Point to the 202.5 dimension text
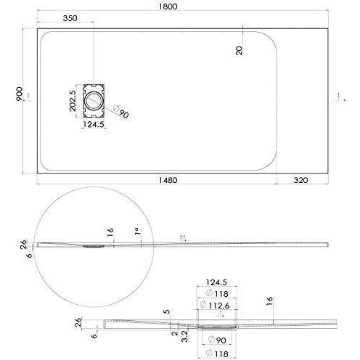(x=73, y=100)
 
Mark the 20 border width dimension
(x=239, y=49)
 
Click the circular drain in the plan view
(x=95, y=99)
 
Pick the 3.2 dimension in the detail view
(x=185, y=337)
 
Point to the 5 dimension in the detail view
(x=168, y=313)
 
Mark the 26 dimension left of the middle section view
(x=24, y=243)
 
